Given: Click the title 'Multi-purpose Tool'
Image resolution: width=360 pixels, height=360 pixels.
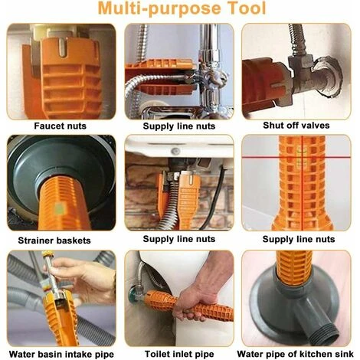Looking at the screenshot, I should point(181,10).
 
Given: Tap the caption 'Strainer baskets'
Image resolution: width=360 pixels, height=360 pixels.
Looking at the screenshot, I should point(62,239).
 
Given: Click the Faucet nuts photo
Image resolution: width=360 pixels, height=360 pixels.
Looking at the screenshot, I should point(62,70).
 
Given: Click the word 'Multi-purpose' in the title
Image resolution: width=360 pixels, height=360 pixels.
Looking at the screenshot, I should point(155,10).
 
